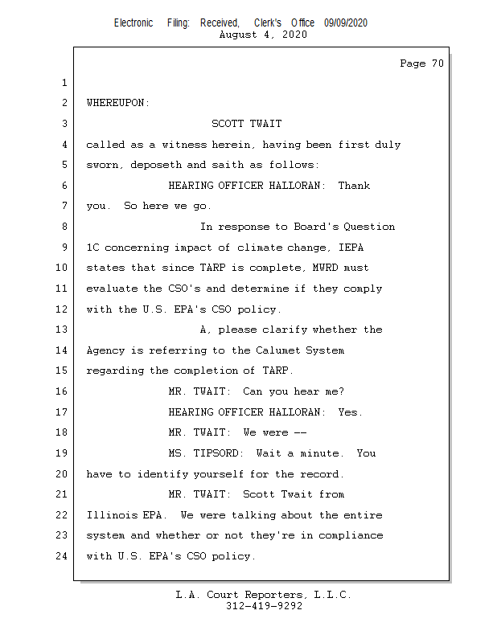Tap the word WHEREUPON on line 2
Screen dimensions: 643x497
(117, 104)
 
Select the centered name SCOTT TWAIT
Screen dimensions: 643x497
(246, 124)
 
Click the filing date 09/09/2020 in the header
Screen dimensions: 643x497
(346, 23)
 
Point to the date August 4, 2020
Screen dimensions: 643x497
(262, 35)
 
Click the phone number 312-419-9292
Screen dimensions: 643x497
(264, 606)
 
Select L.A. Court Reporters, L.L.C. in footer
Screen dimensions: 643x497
(264, 595)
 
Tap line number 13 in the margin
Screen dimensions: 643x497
(63, 330)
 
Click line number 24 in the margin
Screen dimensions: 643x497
(63, 555)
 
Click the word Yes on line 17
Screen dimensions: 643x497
(350, 412)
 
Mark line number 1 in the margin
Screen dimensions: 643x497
(63, 84)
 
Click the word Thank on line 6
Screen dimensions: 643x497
(354, 186)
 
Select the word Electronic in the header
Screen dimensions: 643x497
(133, 23)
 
